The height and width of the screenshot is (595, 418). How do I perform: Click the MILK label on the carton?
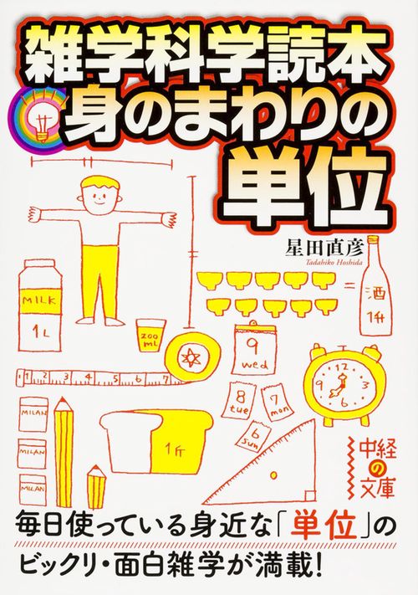(x=39, y=301)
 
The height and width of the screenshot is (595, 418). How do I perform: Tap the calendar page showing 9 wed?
(x=255, y=349)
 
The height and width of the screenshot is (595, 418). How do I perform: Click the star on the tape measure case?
(x=189, y=357)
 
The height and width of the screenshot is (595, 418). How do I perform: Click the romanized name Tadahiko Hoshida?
(x=332, y=262)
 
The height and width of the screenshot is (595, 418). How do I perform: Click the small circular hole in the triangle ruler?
(x=273, y=475)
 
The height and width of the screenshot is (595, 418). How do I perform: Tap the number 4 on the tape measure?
(x=89, y=377)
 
